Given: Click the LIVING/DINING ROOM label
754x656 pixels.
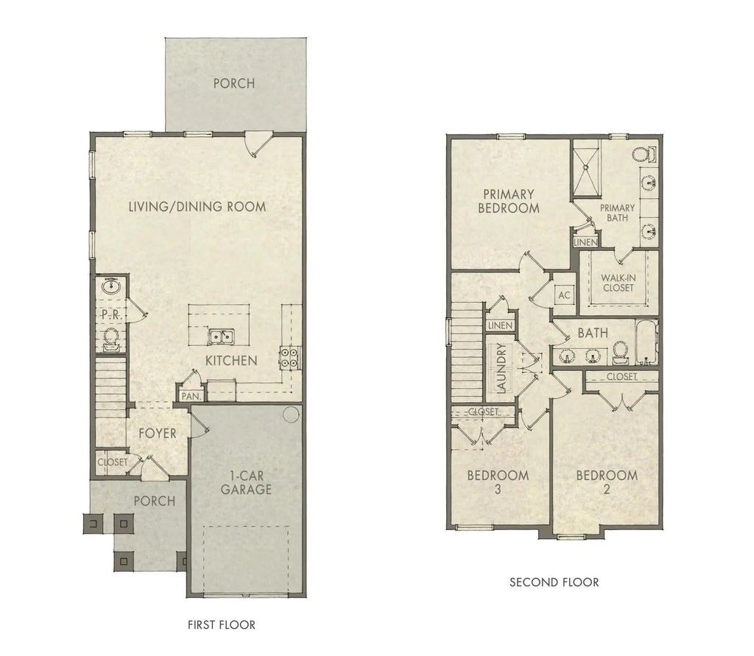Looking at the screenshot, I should click(x=197, y=207).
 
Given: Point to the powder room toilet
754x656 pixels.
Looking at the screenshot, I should click(x=112, y=337).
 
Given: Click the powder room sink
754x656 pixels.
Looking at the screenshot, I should click(x=112, y=286).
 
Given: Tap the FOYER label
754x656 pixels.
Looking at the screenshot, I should click(x=158, y=433).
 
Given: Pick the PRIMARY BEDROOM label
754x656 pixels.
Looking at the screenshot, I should click(x=508, y=201).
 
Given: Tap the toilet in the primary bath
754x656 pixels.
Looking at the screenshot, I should click(x=643, y=155).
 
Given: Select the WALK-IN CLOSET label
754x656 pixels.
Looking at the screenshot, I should click(x=618, y=283).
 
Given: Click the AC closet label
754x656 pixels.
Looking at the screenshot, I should click(x=564, y=295).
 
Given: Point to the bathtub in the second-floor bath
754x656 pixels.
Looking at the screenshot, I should click(x=646, y=343).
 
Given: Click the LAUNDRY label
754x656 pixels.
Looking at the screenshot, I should click(x=500, y=367).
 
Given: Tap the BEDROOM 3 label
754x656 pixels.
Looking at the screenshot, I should click(x=498, y=482).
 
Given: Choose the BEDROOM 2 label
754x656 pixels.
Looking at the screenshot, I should click(x=607, y=482).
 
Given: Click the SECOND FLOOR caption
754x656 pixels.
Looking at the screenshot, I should click(x=554, y=582).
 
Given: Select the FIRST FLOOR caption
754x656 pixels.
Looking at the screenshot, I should click(x=222, y=625).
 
